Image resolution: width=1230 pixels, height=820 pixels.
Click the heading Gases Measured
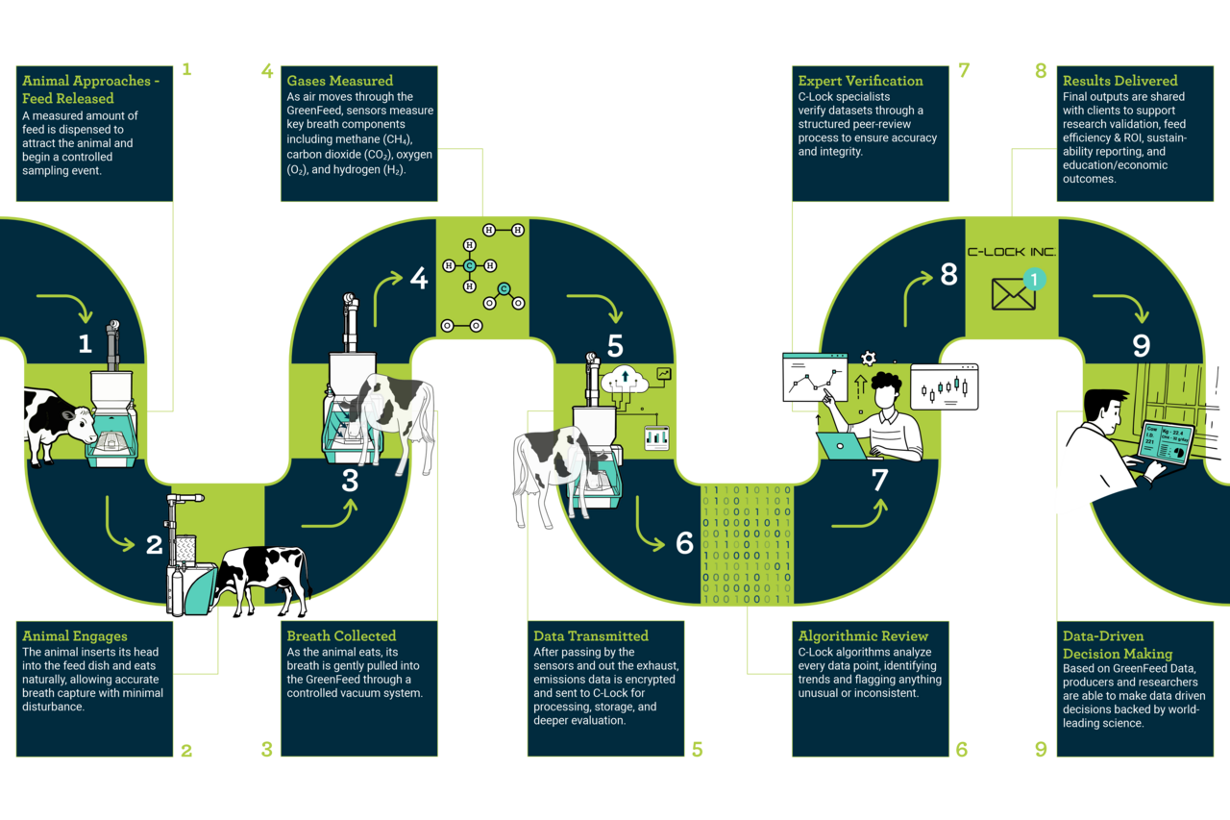click(x=340, y=81)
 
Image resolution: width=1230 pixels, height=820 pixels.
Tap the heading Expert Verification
click(x=860, y=81)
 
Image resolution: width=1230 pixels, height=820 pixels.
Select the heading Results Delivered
click(x=1119, y=81)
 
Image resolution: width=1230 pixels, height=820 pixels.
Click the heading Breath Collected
click(x=341, y=635)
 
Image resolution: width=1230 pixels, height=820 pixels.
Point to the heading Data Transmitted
click(x=591, y=635)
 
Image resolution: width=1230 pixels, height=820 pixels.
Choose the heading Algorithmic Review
click(x=863, y=635)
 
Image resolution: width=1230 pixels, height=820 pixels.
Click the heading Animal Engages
click(x=74, y=635)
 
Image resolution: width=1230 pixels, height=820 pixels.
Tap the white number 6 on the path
click(x=684, y=543)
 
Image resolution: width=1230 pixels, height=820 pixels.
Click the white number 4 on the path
click(x=419, y=279)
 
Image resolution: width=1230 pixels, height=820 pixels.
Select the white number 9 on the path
click(x=1142, y=345)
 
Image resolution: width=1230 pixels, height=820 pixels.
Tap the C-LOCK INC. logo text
click(x=1011, y=252)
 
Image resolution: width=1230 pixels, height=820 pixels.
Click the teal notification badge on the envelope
click(x=1034, y=279)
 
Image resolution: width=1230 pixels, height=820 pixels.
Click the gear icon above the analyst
click(x=869, y=359)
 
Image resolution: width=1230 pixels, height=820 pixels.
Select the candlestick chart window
click(x=944, y=386)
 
